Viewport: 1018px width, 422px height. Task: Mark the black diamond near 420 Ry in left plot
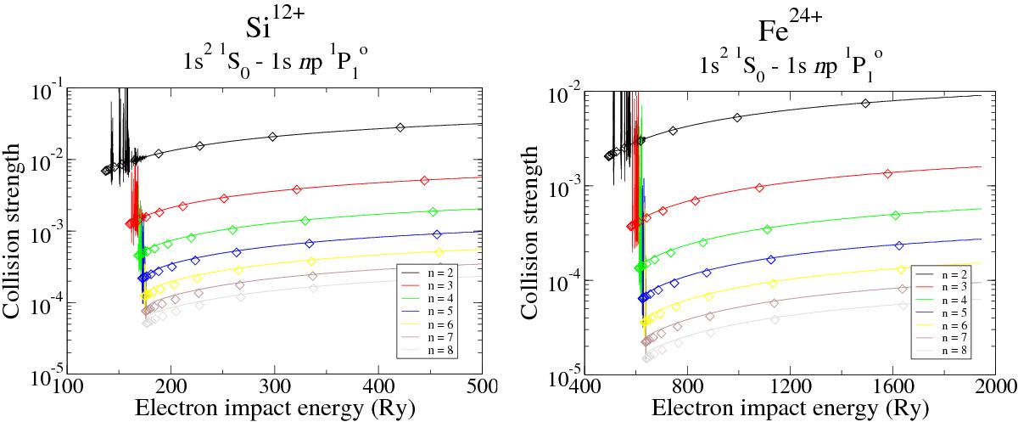coord(400,127)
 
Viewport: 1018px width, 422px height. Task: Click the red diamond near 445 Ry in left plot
coord(425,180)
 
